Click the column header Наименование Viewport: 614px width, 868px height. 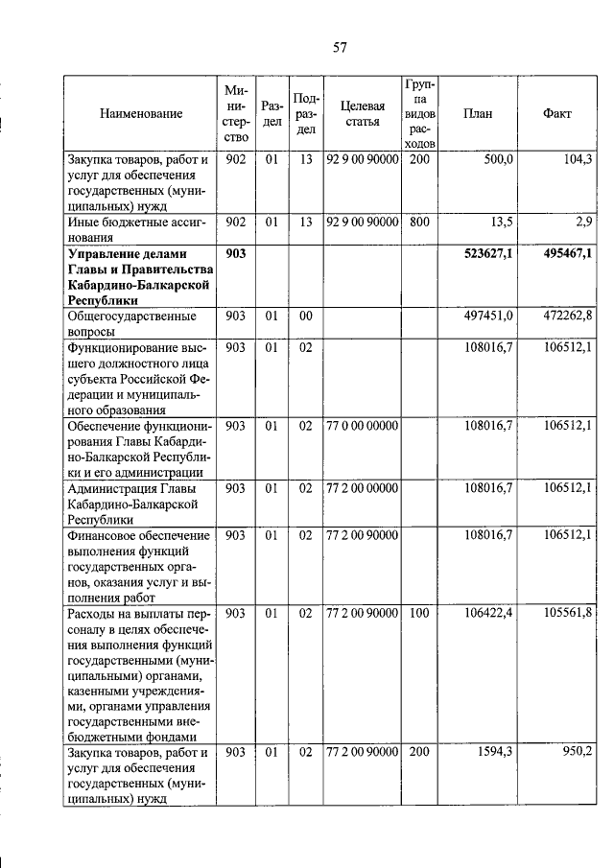tap(140, 113)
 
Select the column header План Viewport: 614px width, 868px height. tap(477, 113)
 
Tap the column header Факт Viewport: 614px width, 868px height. tap(556, 113)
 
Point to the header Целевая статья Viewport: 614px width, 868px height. tap(363, 113)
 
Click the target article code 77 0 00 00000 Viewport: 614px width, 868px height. tap(362, 424)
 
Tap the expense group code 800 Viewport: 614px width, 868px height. tap(419, 221)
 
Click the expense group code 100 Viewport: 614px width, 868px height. tap(419, 612)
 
